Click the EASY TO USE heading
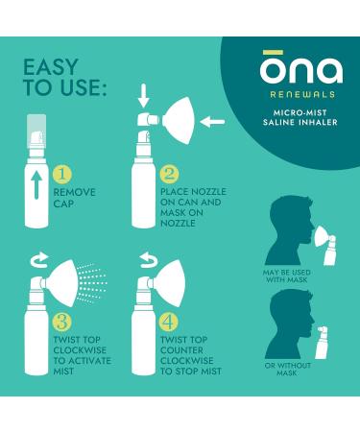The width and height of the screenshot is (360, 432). [x=66, y=79]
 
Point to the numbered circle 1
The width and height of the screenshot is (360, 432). [x=60, y=175]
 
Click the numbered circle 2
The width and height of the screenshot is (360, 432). [x=170, y=175]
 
